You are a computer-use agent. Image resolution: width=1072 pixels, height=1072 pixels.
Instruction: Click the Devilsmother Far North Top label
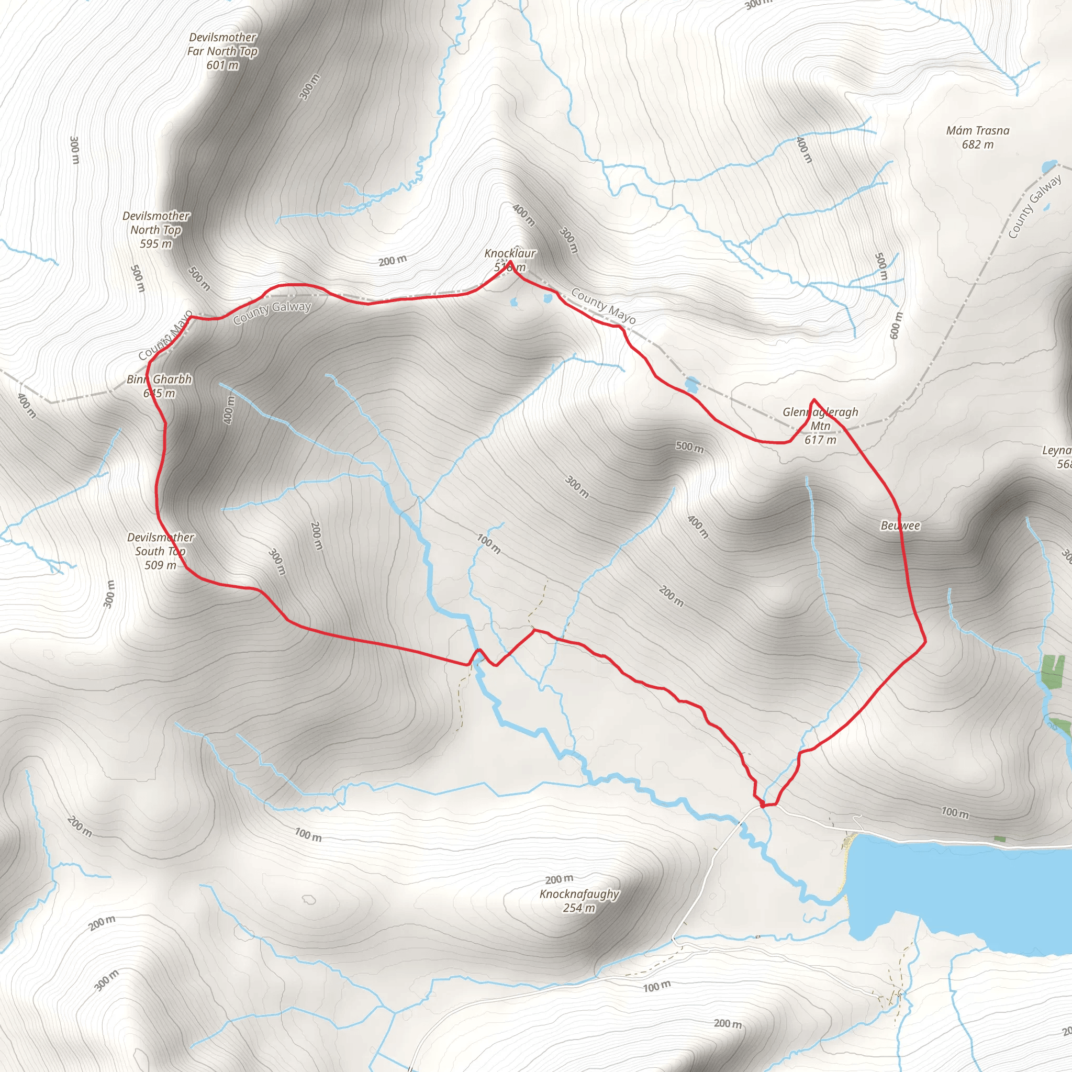pos(222,44)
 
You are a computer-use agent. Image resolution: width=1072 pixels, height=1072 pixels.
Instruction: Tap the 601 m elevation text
pos(222,65)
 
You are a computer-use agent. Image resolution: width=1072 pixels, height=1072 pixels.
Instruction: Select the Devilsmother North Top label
pos(156,222)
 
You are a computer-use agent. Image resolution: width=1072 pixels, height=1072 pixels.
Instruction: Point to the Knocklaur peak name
pos(510,253)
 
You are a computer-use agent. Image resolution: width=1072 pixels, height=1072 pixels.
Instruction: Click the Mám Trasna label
pos(978,131)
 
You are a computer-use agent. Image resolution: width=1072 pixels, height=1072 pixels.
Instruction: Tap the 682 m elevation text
pos(978,145)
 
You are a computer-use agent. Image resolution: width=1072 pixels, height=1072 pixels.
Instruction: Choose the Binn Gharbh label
pos(159,379)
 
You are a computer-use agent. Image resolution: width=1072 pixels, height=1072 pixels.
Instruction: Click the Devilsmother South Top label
pos(160,544)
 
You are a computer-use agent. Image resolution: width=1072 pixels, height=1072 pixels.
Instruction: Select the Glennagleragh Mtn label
pos(820,419)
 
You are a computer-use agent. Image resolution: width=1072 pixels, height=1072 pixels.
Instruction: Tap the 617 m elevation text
pos(820,440)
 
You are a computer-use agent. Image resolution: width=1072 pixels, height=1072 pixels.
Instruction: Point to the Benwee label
pos(900,526)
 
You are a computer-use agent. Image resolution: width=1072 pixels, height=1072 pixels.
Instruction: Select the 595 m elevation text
pos(156,243)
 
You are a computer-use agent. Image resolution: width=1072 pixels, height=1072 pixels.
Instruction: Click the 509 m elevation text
pos(160,565)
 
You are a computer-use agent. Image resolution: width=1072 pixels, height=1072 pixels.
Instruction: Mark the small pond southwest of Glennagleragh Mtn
pos(692,384)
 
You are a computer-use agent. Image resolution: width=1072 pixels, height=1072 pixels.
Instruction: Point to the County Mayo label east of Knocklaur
pos(603,306)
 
